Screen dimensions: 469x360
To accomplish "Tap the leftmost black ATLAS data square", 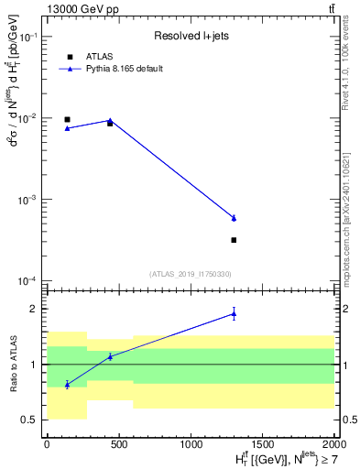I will point(67,119).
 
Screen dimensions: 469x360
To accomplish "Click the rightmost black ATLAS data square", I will point(234,240).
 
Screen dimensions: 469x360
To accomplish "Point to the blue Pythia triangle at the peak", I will point(110,120).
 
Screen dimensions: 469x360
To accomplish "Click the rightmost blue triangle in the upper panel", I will point(234,218).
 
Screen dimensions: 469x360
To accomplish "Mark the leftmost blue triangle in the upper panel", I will point(67,128).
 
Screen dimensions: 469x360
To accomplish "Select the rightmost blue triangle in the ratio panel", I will point(234,314).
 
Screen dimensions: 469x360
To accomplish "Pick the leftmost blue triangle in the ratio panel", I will point(67,385).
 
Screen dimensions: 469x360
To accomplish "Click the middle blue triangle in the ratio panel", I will point(110,356).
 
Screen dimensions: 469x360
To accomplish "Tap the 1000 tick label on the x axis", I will point(190,445).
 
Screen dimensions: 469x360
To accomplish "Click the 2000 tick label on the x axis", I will point(333,445).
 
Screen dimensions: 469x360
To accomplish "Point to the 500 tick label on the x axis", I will point(118,445).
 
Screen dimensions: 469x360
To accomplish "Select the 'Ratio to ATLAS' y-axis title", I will point(13,364).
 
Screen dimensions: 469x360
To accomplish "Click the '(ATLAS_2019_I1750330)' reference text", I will point(191,274).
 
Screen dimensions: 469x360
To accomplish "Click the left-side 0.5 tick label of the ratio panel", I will point(30,420).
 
